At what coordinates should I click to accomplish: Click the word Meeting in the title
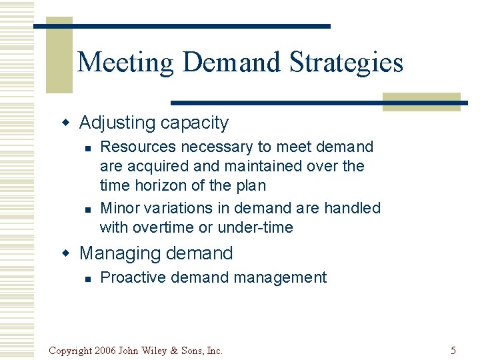click(x=125, y=63)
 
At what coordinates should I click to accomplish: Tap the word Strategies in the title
click(x=346, y=63)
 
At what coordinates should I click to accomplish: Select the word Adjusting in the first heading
click(x=117, y=123)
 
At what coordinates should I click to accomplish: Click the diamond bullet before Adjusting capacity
click(x=65, y=123)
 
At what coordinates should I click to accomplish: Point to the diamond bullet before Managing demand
click(x=65, y=253)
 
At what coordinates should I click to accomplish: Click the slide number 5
click(x=453, y=350)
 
